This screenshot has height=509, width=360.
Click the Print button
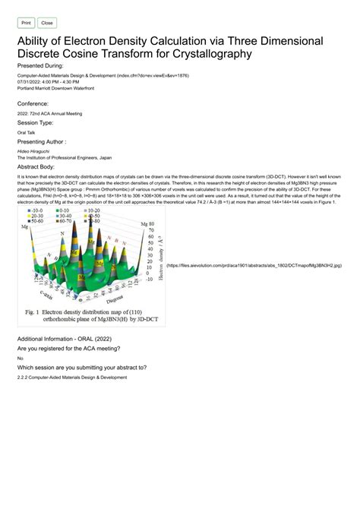(x=26, y=24)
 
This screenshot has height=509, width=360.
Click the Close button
(x=47, y=24)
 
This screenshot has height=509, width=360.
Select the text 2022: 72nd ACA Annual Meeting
(x=49, y=112)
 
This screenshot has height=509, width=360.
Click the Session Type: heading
(x=40, y=122)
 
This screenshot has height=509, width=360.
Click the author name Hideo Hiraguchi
(x=36, y=151)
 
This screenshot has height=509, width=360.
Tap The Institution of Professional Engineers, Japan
(x=64, y=157)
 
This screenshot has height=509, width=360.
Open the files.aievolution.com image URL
(x=254, y=266)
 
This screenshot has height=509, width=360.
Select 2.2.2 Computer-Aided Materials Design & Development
(x=71, y=378)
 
